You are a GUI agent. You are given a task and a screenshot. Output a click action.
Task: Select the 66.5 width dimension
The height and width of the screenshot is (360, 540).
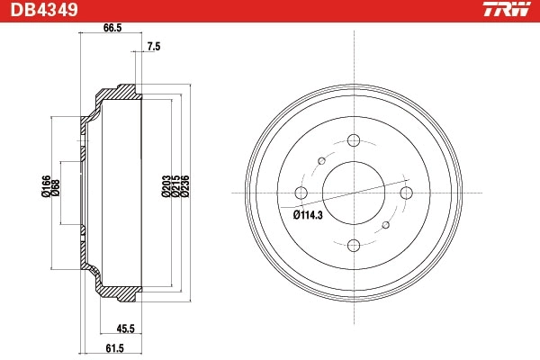click(x=112, y=28)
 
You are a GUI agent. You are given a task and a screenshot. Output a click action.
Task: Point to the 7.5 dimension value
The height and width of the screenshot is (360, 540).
click(x=153, y=46)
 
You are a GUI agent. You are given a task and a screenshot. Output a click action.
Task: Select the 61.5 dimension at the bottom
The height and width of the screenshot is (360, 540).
click(x=112, y=347)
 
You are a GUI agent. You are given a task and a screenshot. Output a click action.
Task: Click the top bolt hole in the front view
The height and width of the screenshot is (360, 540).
click(x=353, y=140)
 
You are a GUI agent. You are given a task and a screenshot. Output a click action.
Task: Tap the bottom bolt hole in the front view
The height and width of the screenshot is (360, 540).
click(x=353, y=245)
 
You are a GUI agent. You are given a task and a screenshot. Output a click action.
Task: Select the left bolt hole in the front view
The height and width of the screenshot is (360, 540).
click(x=301, y=193)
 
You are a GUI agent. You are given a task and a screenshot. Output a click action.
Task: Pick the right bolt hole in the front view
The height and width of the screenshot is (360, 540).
click(x=405, y=193)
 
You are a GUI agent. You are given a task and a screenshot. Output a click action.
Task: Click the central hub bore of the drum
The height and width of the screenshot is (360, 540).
click(x=353, y=193)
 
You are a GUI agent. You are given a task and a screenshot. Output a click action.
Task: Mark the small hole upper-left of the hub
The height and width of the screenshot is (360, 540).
click(x=320, y=160)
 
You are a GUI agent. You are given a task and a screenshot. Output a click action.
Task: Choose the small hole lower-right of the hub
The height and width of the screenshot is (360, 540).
click(x=385, y=225)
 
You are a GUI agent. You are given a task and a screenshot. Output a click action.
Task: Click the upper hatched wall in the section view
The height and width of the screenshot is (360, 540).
click(x=117, y=94)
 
